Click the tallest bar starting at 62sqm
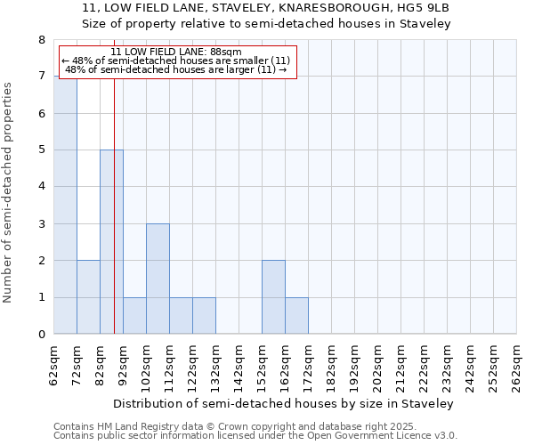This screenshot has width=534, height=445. tap(65, 205)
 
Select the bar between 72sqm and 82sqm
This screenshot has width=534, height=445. tap(88, 297)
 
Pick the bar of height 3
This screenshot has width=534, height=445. tap(158, 279)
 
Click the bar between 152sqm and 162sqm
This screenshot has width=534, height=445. tap(273, 297)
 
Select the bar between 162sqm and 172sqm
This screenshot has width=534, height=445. tap(296, 316)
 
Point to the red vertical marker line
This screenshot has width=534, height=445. tap(114, 222)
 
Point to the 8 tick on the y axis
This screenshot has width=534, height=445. tap(42, 40)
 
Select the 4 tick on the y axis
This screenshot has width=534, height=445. tap(42, 187)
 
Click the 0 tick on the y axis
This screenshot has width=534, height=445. tap(42, 335)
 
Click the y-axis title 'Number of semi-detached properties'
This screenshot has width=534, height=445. tap(9, 192)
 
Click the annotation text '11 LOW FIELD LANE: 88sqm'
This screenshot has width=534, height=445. tap(176, 52)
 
